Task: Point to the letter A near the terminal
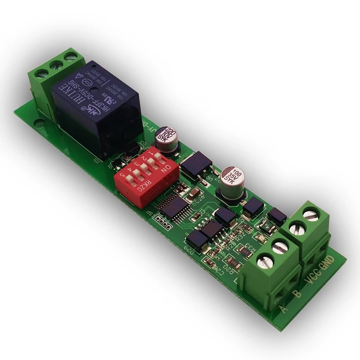tap(284, 309)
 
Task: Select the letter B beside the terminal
tap(296, 297)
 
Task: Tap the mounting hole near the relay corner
tap(40, 123)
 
